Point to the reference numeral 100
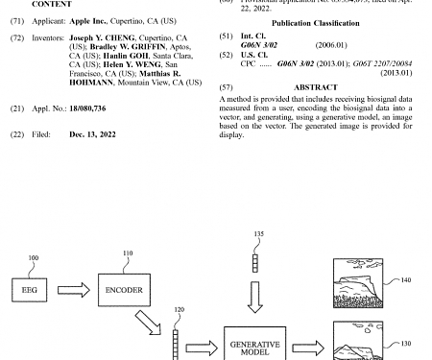[x=34, y=259]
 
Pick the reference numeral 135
[x=258, y=234]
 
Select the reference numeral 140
[x=404, y=280]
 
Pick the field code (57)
[x=227, y=87]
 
